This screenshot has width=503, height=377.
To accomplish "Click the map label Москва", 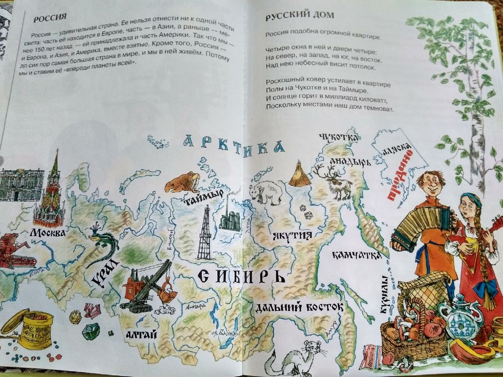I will pos(47,234).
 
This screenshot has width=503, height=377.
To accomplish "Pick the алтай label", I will pos(139,333).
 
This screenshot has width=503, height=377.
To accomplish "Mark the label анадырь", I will pos(350,161).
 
